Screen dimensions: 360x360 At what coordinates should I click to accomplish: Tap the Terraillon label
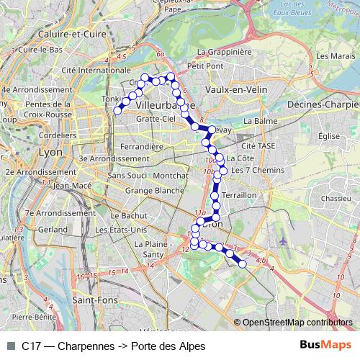(240, 195)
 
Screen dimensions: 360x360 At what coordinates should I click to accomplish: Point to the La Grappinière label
(223, 52)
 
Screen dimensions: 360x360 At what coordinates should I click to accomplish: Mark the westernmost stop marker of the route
(117, 110)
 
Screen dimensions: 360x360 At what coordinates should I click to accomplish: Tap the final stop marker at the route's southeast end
(243, 264)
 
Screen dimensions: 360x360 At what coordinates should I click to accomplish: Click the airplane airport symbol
(283, 240)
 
